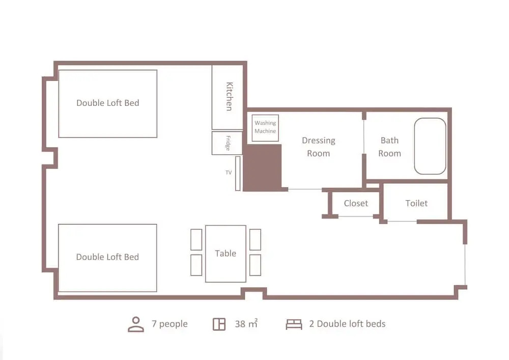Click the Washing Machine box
coord(265,128)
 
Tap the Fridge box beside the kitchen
coord(227,143)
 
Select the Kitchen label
coord(229,96)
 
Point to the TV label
coord(229,173)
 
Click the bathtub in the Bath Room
coord(430,146)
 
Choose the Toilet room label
coord(416,203)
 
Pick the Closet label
coord(356,203)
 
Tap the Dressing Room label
coord(319,147)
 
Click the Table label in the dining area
coord(225,253)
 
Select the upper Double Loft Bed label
coord(108,103)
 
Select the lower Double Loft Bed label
coord(107,257)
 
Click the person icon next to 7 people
coord(136,324)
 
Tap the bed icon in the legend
coord(294,324)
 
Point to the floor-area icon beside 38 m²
coord(219,324)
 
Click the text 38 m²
coord(246,323)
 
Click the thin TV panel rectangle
coord(238,174)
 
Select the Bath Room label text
coord(389,147)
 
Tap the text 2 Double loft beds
coord(347,324)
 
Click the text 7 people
coord(169,324)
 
